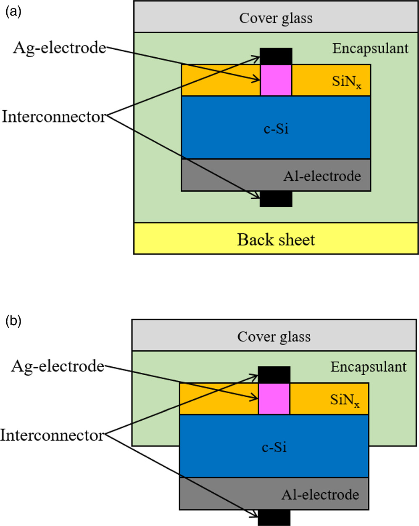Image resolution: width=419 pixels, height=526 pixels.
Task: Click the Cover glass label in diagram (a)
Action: pos(276,19)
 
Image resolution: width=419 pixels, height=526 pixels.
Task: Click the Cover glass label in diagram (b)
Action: pos(274,337)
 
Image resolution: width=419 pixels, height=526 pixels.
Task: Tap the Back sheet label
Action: pos(276,240)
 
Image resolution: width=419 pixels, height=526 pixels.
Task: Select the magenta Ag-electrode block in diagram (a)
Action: pos(276,80)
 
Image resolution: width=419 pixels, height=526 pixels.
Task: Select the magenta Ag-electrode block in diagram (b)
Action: pos(274,398)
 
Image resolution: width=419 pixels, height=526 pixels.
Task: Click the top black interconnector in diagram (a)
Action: pos(276,56)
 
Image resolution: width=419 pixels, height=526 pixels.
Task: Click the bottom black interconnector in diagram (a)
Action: pos(276,199)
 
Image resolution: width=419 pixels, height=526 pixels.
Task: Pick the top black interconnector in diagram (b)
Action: pos(274,374)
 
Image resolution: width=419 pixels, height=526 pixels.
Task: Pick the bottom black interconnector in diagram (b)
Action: pos(274,517)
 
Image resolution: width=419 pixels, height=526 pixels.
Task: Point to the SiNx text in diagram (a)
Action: pos(346,81)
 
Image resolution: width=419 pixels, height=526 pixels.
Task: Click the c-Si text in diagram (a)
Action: pos(276,128)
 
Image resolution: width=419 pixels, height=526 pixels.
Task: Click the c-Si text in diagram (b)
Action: pos(274,447)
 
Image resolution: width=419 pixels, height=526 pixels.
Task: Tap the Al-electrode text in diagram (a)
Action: pos(322,176)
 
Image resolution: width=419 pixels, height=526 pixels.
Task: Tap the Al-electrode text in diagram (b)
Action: pos(320,494)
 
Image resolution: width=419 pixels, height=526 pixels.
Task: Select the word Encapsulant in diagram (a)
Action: pos(370,48)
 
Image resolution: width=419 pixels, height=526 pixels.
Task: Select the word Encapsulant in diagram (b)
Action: pos(369,367)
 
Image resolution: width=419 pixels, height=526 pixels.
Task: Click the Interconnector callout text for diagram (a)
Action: pos(54,117)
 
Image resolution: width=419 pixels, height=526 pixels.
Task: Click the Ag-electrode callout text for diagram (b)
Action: pos(58,366)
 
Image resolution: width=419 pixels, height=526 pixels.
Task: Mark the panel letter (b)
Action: pos(13,321)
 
